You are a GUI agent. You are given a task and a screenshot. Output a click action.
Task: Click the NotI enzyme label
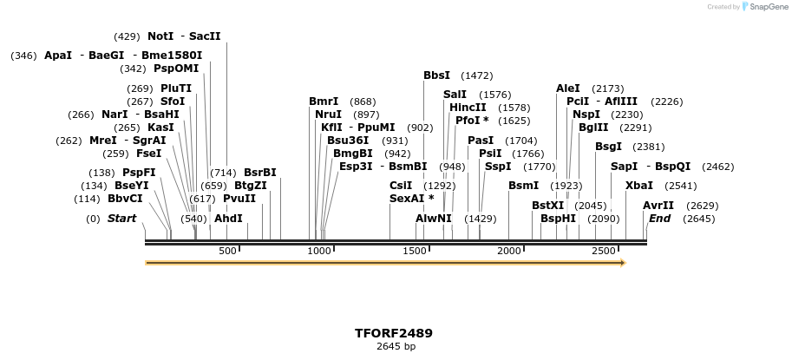(160, 36)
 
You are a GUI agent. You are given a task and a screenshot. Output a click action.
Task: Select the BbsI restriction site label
(436, 75)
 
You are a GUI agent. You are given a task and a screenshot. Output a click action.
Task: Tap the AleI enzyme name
(568, 88)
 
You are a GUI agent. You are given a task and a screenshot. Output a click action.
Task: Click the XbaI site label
(639, 186)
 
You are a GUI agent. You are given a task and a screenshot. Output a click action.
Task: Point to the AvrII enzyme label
(658, 206)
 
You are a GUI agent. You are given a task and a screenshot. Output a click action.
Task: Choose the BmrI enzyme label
(324, 101)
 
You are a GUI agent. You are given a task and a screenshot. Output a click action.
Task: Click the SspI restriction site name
(498, 167)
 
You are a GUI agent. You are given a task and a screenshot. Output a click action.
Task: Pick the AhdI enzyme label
(228, 219)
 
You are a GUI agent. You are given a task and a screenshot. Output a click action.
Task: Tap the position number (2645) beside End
(699, 219)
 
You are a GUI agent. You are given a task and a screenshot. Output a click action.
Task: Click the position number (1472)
(476, 75)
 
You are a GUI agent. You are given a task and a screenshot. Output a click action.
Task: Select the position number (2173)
(607, 88)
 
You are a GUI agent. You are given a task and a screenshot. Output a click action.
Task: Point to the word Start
(121, 219)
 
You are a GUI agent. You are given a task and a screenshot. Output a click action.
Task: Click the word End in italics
(659, 219)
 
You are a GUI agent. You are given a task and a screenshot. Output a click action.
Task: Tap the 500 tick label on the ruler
(227, 251)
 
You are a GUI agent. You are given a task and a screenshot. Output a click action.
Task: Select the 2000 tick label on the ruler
(509, 251)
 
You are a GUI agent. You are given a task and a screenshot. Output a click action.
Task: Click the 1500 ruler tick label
(415, 251)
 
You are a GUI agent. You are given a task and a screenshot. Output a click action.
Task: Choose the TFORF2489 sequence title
(394, 333)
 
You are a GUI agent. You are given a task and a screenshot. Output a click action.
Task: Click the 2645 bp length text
(396, 347)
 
